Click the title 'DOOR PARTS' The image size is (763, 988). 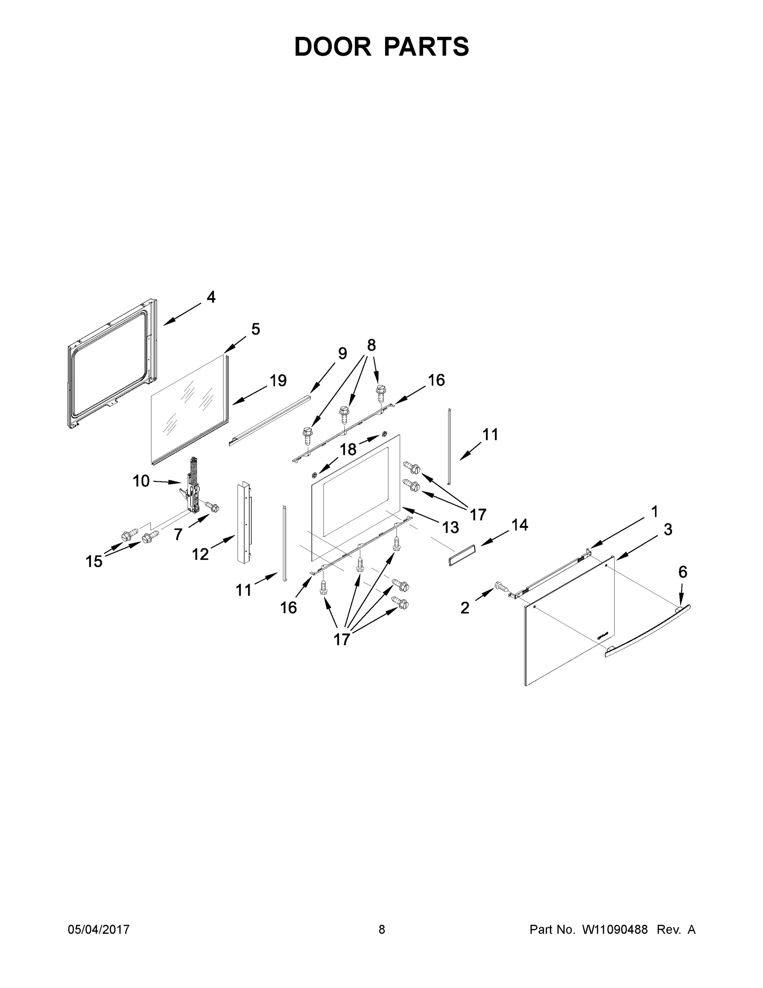[382, 47]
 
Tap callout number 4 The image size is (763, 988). [211, 297]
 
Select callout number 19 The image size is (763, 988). [278, 380]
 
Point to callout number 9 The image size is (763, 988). [342, 353]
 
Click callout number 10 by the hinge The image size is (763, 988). [141, 481]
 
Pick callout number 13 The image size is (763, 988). [450, 527]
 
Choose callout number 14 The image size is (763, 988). [519, 525]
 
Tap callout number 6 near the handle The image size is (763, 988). [682, 572]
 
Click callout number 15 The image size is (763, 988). [94, 562]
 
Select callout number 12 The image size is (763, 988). [200, 554]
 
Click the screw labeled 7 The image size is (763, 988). [212, 507]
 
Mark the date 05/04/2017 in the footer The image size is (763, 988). [99, 929]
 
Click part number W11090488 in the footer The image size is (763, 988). [615, 929]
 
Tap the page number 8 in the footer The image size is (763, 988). [382, 929]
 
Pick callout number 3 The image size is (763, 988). [668, 529]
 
